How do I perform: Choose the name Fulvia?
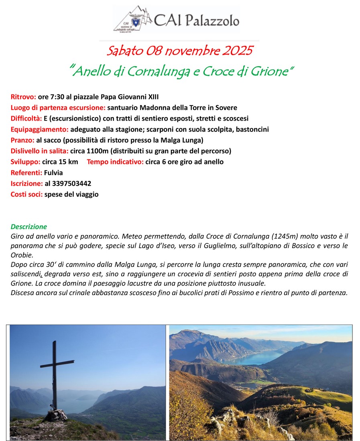[x=53, y=172]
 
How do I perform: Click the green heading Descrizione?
[x=29, y=227]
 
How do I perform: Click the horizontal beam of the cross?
[x=57, y=364]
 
